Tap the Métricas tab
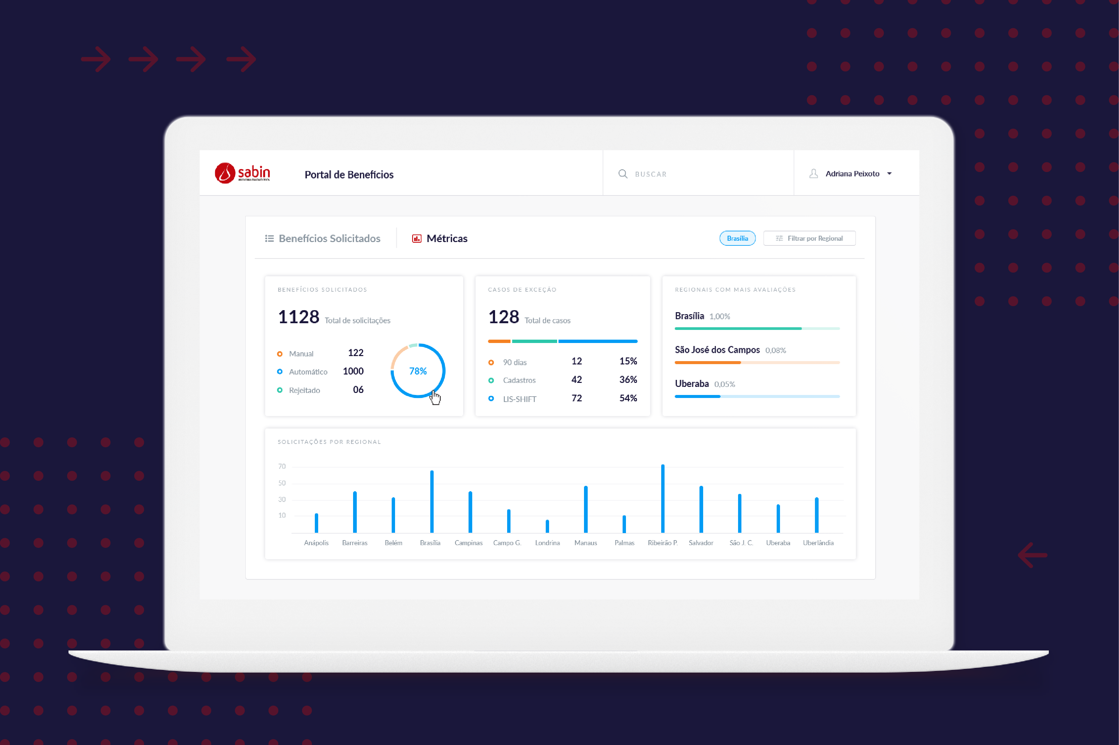[440, 238]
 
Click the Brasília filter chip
[737, 238]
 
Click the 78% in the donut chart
[418, 371]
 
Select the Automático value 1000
[353, 371]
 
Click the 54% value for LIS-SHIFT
[628, 398]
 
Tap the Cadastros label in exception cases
[519, 380]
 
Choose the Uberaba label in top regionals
[691, 384]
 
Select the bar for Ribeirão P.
[663, 499]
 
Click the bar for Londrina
[547, 526]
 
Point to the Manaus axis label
[585, 542]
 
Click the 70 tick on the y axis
[282, 467]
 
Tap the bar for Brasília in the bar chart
[432, 501]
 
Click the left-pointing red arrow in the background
[1032, 555]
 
